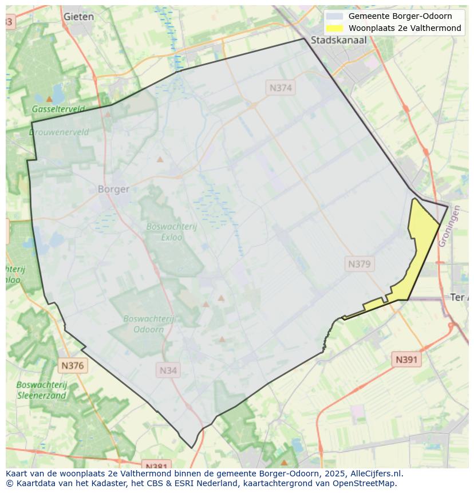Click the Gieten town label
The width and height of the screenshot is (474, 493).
[x=79, y=17]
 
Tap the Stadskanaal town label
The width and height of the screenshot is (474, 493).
[x=338, y=40]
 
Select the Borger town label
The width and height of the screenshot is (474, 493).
[x=113, y=189]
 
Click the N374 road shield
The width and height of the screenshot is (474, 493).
[x=281, y=88]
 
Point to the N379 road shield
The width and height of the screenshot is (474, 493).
[x=359, y=264]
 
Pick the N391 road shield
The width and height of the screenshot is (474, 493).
[x=406, y=360]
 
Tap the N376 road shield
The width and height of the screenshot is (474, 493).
[x=72, y=365]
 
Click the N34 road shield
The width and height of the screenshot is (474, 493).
[x=168, y=370]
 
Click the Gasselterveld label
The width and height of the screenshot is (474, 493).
[x=58, y=109]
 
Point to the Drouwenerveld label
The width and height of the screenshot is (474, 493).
[x=59, y=132]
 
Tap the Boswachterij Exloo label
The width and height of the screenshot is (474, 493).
[x=171, y=231]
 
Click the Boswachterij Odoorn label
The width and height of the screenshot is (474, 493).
[x=149, y=324]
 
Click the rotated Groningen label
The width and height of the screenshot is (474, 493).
[x=449, y=226]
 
